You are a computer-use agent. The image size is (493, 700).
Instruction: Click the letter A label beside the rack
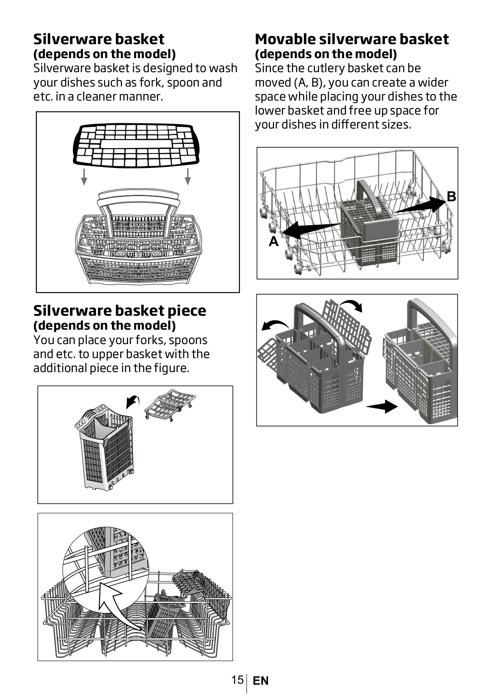(274, 241)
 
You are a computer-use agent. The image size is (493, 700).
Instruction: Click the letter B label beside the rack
(451, 197)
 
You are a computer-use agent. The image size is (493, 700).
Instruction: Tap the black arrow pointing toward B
(420, 205)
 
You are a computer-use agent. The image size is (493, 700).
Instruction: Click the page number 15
(237, 679)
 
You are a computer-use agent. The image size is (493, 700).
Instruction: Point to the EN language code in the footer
(260, 681)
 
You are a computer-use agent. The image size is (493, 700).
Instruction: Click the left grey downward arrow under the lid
(84, 177)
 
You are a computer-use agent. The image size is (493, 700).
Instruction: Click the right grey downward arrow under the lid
(187, 177)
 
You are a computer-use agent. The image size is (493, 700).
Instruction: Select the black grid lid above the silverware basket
(136, 145)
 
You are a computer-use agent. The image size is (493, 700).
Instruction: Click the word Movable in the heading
(285, 39)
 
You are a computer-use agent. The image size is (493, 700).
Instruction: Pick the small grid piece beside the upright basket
(170, 405)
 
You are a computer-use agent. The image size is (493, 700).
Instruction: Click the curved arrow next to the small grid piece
(133, 401)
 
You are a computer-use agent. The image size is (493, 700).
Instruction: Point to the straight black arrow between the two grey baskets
(382, 406)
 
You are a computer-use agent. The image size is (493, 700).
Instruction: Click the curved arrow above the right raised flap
(351, 304)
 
